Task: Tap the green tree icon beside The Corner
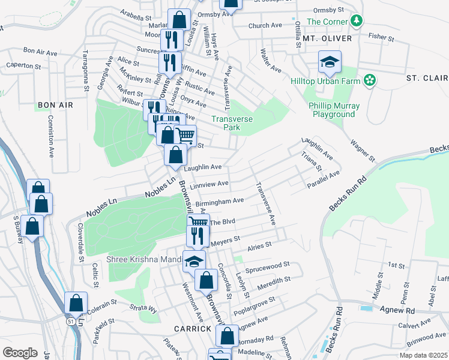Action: tap(357, 22)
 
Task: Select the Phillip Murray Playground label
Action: tap(334, 110)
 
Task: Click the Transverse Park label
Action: tap(226, 123)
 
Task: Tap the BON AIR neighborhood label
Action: tap(55, 105)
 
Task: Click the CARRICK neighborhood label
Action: tap(193, 329)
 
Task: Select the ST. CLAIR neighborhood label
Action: tap(427, 78)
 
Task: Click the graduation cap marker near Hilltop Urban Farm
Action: tap(329, 62)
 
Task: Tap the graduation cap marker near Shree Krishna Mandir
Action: tap(194, 261)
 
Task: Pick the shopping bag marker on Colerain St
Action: tap(76, 303)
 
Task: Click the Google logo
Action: tap(20, 353)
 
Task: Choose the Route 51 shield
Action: tap(70, 322)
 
